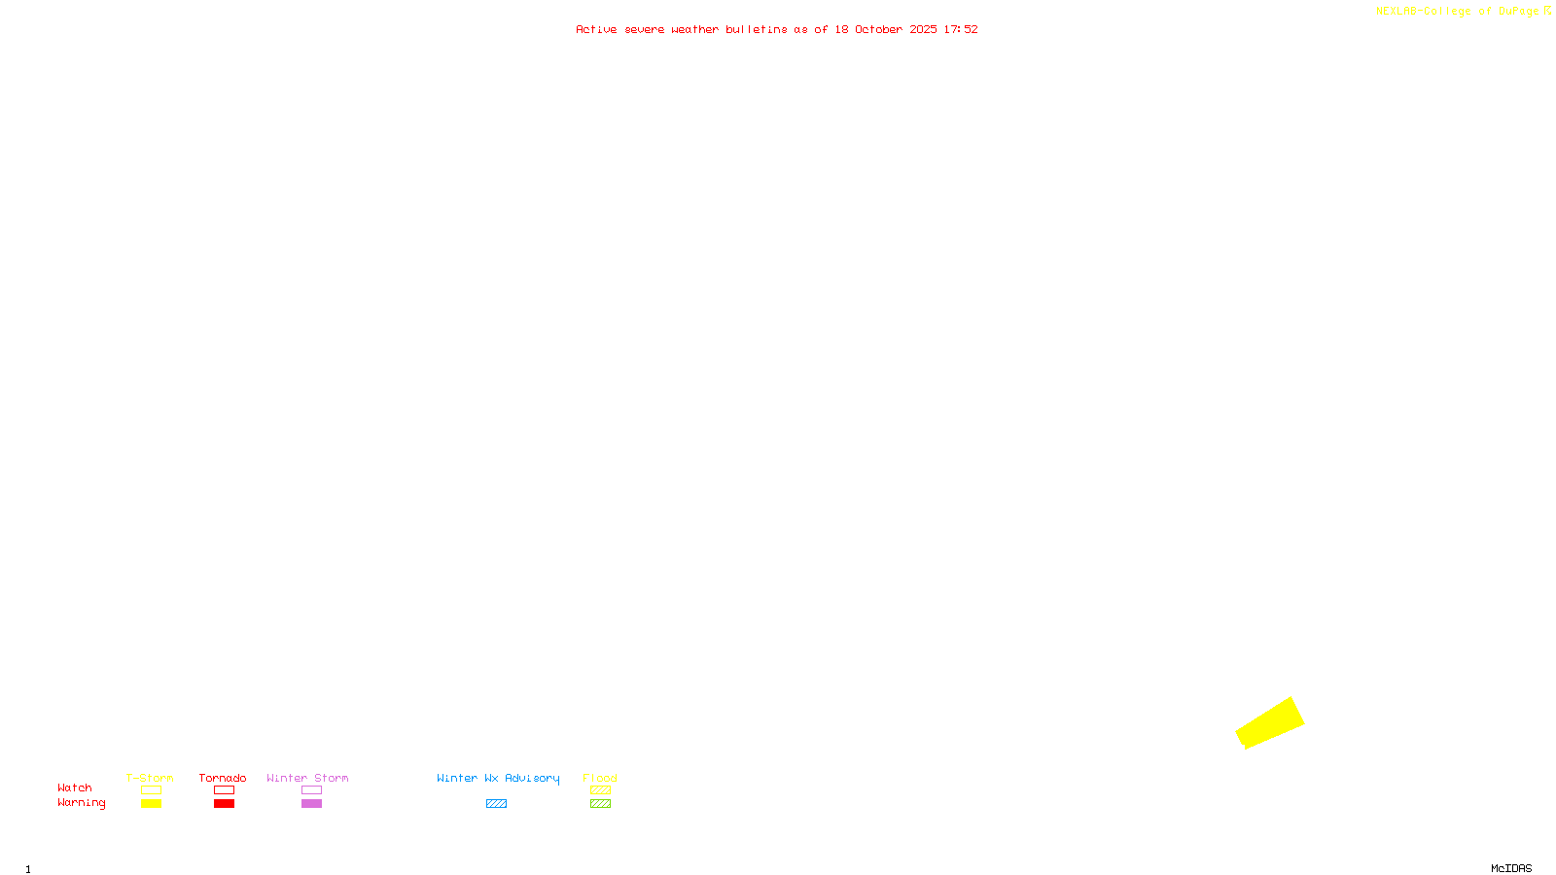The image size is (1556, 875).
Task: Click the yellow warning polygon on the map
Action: click(x=1270, y=723)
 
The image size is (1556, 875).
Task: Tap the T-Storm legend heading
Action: click(x=150, y=778)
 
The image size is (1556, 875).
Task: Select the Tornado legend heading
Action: click(x=223, y=778)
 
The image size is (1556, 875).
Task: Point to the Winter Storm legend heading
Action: click(x=307, y=778)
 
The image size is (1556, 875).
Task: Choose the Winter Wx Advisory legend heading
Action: click(x=498, y=778)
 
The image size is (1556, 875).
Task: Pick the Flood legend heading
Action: click(x=600, y=778)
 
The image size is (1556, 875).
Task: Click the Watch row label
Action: click(x=75, y=787)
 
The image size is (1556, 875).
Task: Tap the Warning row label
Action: click(x=81, y=803)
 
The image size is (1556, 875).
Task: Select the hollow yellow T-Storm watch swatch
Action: click(x=151, y=790)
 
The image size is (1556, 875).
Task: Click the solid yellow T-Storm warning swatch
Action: click(x=151, y=804)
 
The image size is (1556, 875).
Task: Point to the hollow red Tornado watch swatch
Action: click(x=224, y=790)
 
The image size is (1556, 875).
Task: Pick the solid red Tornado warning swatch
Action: click(x=224, y=804)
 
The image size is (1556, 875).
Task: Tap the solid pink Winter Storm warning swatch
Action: click(x=311, y=804)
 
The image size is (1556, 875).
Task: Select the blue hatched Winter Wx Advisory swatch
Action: click(x=496, y=804)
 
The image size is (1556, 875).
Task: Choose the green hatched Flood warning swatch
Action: click(x=600, y=804)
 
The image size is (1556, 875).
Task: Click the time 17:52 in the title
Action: click(x=961, y=29)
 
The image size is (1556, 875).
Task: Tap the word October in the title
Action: click(x=878, y=29)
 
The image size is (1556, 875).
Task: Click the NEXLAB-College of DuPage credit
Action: click(x=1458, y=11)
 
